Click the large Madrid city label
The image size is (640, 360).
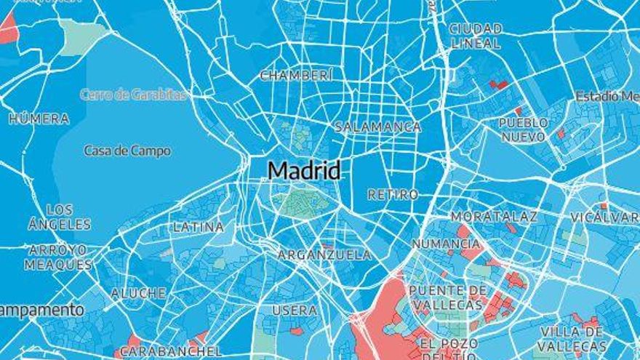[x=304, y=171]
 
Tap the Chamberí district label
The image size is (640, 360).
[x=297, y=75]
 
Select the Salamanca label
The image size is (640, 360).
[x=377, y=127]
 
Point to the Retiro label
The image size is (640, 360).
[x=393, y=195]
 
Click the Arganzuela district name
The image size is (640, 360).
[x=324, y=255]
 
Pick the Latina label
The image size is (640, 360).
[x=198, y=227]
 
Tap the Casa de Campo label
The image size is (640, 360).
[x=127, y=151]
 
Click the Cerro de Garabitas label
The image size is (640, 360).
[x=133, y=95]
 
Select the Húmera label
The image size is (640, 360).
[x=39, y=119]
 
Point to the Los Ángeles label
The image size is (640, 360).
[x=60, y=217]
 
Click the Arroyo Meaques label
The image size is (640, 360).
[x=58, y=257]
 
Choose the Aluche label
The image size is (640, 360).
[x=138, y=293]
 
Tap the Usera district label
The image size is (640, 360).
[x=295, y=311]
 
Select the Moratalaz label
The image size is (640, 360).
[x=494, y=217]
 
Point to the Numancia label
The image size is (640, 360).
[x=446, y=244]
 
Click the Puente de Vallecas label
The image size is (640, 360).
[x=448, y=297]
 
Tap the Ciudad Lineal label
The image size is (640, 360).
[x=476, y=36]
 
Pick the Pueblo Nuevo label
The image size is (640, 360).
[x=524, y=129]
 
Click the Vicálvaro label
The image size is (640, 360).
[x=605, y=217]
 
